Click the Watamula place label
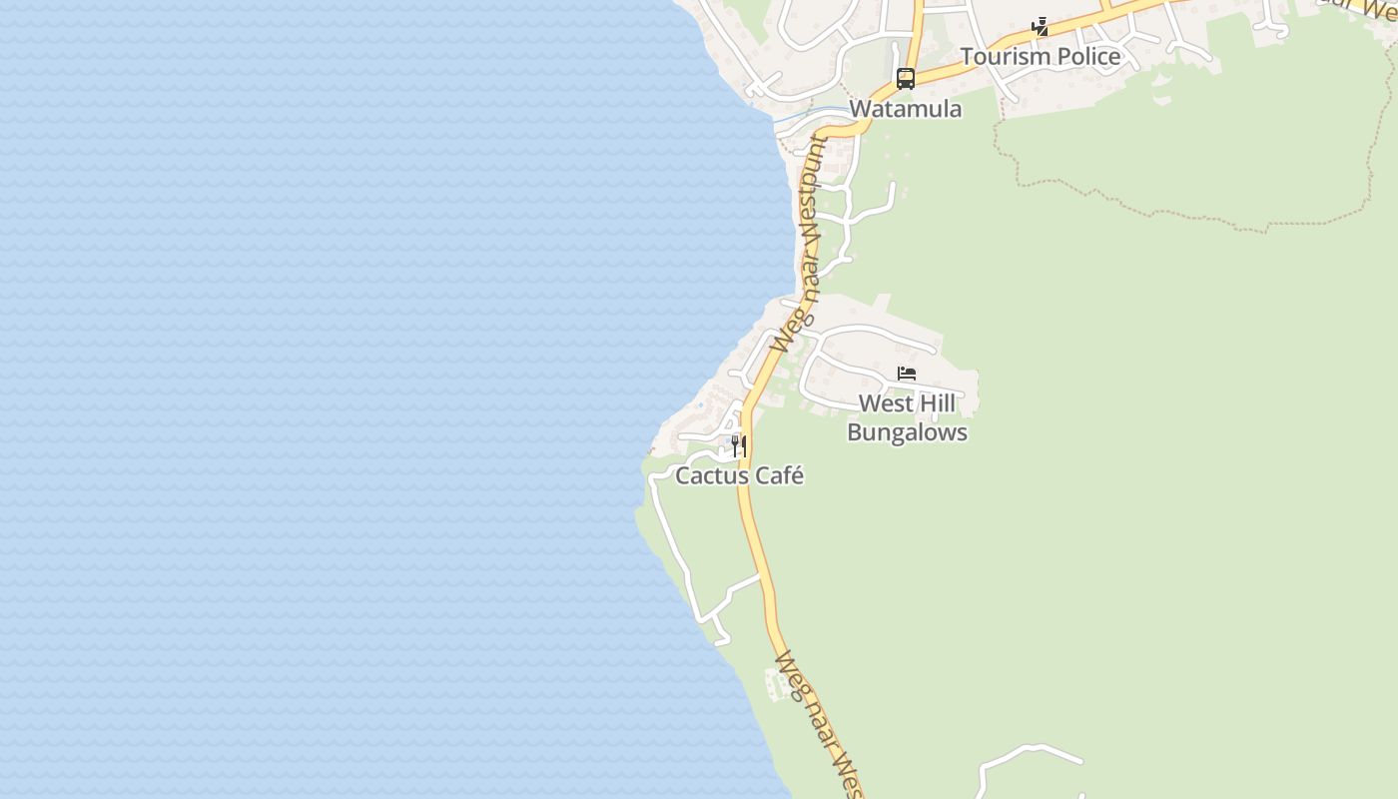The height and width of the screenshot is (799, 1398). pyautogui.click(x=905, y=109)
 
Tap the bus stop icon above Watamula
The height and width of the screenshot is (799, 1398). pyautogui.click(x=906, y=78)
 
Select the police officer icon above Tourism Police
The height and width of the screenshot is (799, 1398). pyautogui.click(x=1041, y=27)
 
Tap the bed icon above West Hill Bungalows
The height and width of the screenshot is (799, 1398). pyautogui.click(x=907, y=374)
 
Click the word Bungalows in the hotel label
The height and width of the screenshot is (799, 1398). pyautogui.click(x=907, y=432)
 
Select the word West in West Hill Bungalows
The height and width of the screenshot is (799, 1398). pyautogui.click(x=886, y=403)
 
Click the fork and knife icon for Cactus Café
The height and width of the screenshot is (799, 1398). pyautogui.click(x=739, y=445)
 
